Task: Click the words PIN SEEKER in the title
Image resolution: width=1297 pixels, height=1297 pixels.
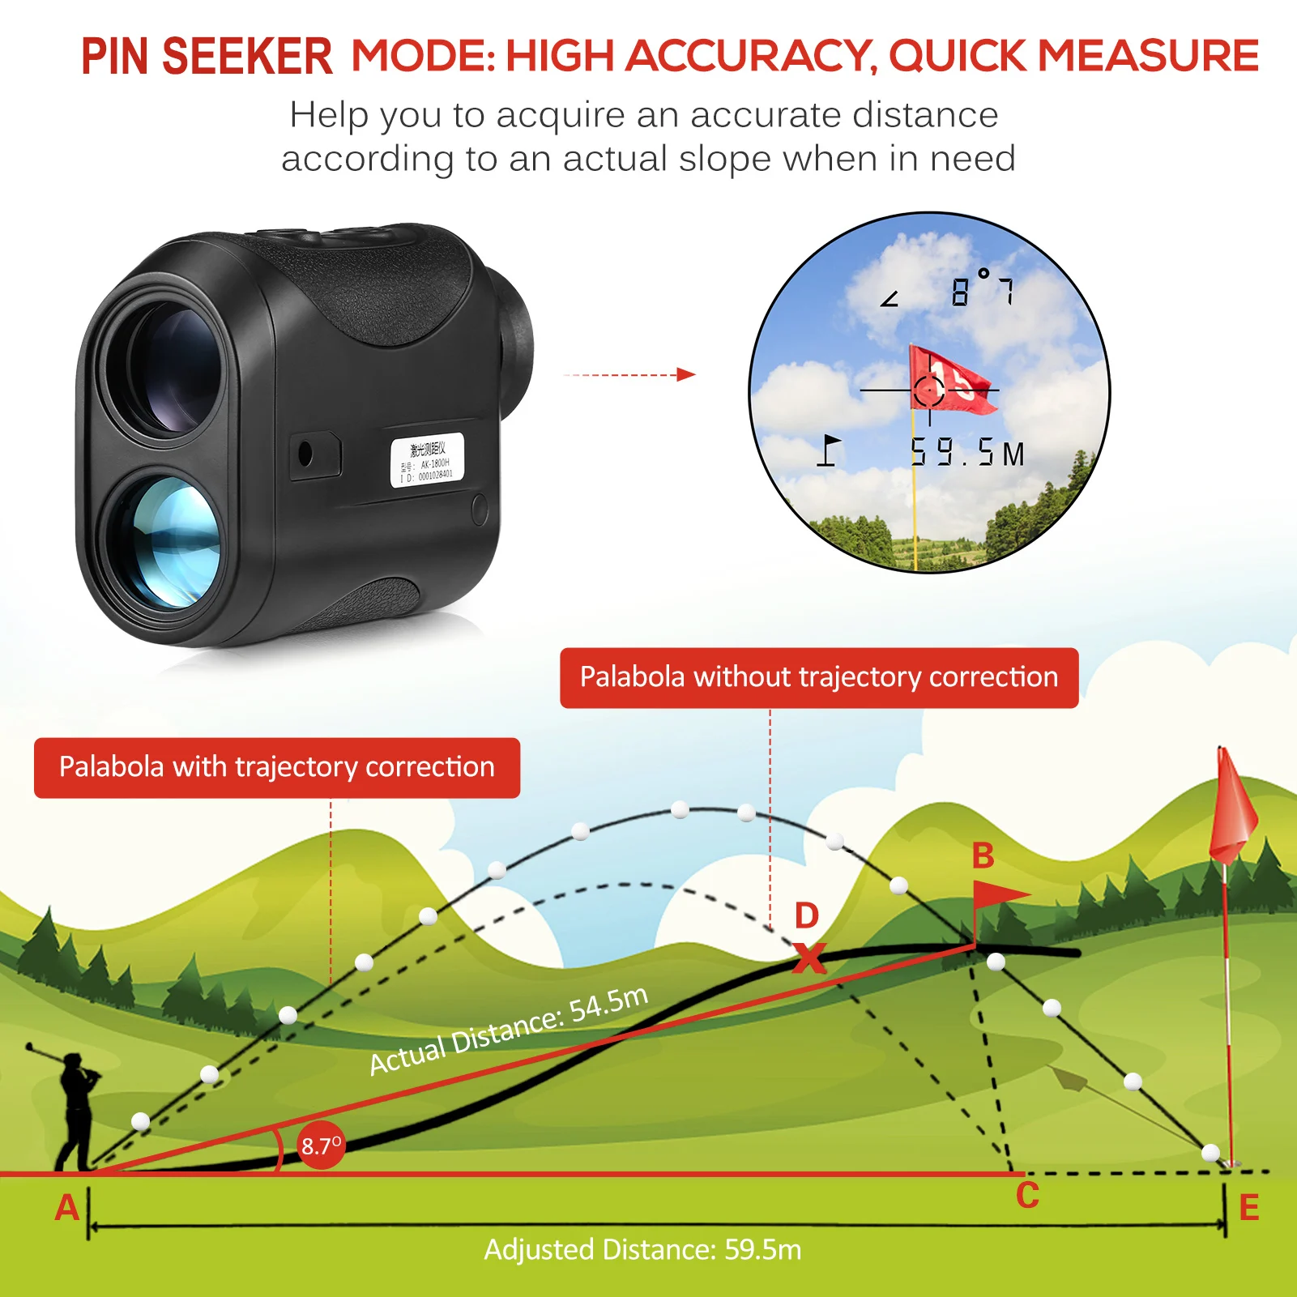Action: [x=207, y=57]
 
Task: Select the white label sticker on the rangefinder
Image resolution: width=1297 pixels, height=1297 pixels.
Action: [x=427, y=460]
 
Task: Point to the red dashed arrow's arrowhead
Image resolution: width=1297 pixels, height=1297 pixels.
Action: [x=687, y=374]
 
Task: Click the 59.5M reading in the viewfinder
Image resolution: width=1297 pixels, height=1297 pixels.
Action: [x=967, y=453]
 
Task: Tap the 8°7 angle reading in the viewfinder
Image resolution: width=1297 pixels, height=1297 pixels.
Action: [x=982, y=290]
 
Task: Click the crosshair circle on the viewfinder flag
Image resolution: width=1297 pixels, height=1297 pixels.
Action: [x=929, y=390]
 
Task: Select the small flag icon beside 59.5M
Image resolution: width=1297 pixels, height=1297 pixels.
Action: [x=828, y=450]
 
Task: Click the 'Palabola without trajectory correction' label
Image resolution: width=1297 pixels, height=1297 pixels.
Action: [x=819, y=677]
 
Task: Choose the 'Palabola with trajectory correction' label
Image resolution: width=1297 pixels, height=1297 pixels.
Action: [x=277, y=767]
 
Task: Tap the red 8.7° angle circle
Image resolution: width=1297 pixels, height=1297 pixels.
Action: [x=322, y=1146]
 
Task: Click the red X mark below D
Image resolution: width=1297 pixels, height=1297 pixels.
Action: [x=808, y=958]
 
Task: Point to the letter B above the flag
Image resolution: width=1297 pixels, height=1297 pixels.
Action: [x=983, y=855]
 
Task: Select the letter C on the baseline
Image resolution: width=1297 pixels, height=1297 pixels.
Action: [x=1027, y=1196]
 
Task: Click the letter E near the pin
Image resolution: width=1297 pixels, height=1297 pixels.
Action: [x=1248, y=1208]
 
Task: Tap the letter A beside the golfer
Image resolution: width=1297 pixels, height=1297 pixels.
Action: [x=66, y=1207]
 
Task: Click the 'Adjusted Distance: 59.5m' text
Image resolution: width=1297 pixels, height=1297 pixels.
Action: [x=642, y=1249]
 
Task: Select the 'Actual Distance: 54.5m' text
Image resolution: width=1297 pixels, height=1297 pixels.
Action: [x=509, y=1030]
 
